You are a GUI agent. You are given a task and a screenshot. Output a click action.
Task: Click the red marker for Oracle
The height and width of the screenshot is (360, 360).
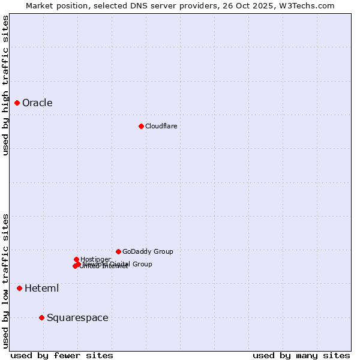coord(17,103)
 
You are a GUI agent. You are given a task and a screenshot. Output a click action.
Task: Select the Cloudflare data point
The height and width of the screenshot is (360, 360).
coord(141,126)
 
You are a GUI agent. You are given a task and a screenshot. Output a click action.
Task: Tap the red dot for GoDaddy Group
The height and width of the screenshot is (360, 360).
coord(118,251)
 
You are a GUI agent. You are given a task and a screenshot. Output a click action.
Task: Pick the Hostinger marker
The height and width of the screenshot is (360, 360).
coord(76,259)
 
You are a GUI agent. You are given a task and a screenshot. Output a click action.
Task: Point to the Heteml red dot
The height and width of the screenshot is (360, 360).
coord(19,288)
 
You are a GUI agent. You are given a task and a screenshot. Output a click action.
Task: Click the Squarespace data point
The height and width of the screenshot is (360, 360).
coord(41,317)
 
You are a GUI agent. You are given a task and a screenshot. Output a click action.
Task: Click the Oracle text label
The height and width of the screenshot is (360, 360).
coord(37,103)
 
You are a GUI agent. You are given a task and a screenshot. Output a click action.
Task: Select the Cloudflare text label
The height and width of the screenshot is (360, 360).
coord(161,126)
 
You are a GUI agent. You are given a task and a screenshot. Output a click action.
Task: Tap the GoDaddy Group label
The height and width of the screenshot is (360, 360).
coord(148,251)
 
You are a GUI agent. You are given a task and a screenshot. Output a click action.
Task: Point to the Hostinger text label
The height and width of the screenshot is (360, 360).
coord(95,259)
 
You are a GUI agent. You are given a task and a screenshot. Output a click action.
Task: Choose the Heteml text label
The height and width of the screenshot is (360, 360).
coord(41,288)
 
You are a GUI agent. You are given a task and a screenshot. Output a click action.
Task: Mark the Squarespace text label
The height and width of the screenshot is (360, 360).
coord(77,317)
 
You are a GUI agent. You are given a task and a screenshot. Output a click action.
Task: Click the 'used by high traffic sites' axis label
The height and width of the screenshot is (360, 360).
coord(5,85)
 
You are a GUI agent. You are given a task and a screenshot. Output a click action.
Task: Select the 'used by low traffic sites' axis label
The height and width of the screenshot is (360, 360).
coord(5,281)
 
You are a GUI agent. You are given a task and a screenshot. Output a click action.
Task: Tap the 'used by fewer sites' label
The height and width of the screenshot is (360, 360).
coord(62,355)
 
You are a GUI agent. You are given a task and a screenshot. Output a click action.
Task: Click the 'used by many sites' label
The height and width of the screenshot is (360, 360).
coord(301,355)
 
